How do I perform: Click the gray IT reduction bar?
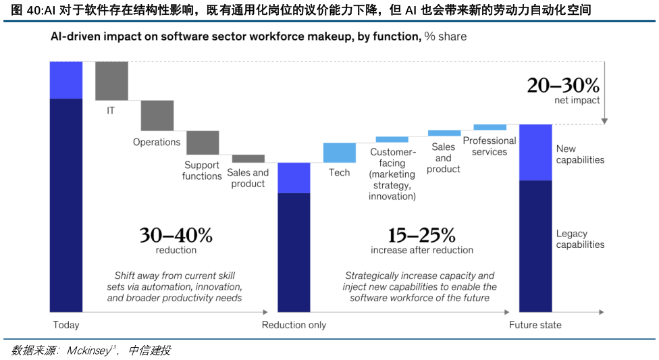click(x=111, y=80)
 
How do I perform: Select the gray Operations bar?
click(x=157, y=115)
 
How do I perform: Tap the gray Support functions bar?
click(x=203, y=142)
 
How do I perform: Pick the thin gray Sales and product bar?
click(x=248, y=159)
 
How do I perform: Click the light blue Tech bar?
click(x=340, y=153)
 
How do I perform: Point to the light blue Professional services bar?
click(x=490, y=127)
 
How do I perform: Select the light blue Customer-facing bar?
click(x=392, y=139)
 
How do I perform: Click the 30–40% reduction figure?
click(x=176, y=235)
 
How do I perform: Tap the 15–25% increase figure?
click(x=421, y=235)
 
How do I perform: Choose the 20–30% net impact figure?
click(x=563, y=86)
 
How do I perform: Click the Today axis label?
click(x=66, y=325)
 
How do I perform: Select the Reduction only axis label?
click(x=294, y=325)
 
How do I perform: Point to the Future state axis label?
click(x=535, y=325)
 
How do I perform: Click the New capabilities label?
click(x=580, y=154)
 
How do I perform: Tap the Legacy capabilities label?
click(x=580, y=239)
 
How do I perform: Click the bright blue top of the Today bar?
click(x=66, y=80)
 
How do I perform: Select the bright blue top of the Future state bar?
click(x=535, y=152)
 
